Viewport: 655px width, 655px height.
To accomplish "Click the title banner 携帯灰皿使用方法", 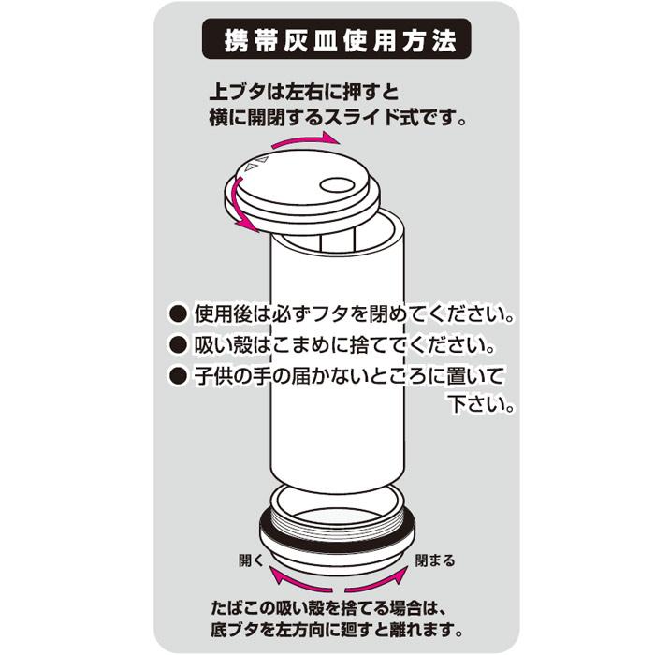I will tap(336, 42).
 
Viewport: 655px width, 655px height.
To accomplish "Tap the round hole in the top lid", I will tap(333, 182).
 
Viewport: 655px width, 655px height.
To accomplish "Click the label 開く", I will tap(252, 561).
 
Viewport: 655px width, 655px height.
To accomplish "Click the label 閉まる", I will tap(435, 561).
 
